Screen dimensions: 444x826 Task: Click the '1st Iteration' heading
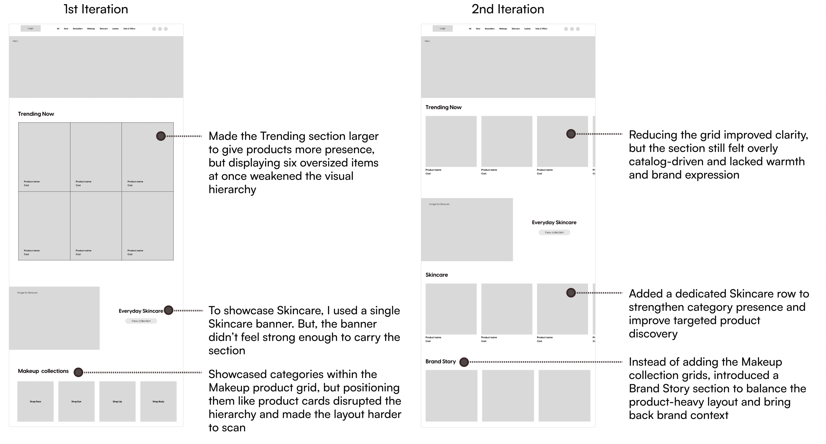(96, 9)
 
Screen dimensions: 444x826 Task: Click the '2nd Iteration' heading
(507, 9)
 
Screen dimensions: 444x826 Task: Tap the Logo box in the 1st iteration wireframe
(30, 29)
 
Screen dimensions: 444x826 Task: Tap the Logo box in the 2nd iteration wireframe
(443, 29)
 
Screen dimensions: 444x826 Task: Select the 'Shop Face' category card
(35, 401)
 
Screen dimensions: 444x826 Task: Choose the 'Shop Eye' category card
(76, 401)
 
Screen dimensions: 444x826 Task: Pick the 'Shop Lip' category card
(117, 401)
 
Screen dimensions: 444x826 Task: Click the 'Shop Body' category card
(158, 401)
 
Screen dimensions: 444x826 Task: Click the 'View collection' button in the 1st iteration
(141, 321)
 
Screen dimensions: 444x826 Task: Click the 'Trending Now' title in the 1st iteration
(36, 114)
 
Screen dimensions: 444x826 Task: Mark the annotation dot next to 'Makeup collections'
(79, 372)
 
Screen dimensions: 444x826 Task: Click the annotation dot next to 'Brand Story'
(464, 362)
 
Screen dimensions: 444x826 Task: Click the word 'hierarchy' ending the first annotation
(232, 190)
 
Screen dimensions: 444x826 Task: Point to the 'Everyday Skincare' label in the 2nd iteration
(554, 223)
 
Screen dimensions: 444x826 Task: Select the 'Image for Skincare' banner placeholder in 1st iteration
(54, 318)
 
